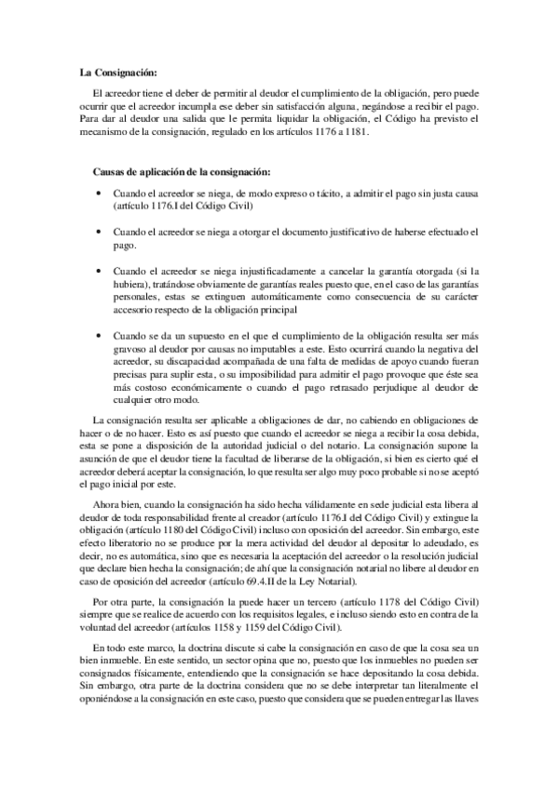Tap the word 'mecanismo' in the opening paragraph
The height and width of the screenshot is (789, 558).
pos(102,133)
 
